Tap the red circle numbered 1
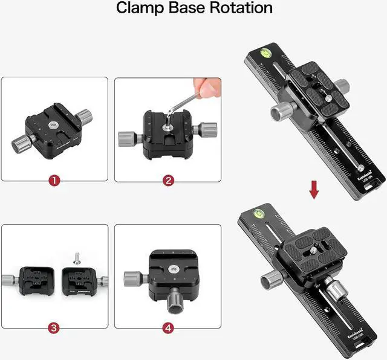[54, 180]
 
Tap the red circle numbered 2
[168, 180]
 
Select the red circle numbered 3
[54, 328]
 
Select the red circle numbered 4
[168, 328]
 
